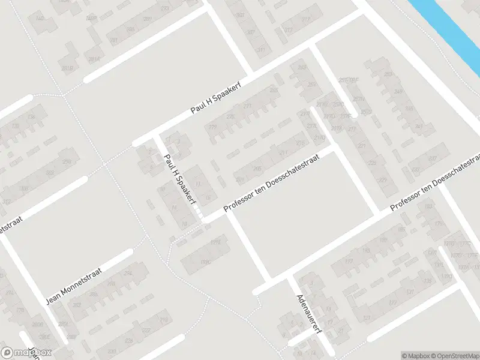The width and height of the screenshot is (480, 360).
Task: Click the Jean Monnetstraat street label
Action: pos(74,286)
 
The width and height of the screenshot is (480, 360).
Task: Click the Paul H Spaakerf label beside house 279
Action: pos(217,100)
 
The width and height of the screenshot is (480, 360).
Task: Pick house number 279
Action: pos(212,127)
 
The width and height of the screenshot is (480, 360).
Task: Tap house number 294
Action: pos(127,274)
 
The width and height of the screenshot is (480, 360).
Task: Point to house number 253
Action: pos(389,75)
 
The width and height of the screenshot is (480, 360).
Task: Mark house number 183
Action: pos(428,206)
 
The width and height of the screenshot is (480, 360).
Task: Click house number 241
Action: pos(419,127)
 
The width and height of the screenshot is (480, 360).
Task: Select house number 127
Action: pos(367,318)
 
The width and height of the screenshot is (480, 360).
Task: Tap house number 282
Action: pos(77,305)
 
